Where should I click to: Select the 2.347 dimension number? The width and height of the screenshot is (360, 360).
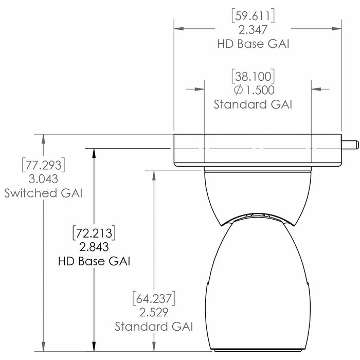(254, 30)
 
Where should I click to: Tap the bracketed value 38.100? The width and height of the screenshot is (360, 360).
(254, 77)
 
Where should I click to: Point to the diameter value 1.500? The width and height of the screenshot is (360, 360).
(254, 91)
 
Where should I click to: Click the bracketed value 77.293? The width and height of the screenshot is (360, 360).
(44, 166)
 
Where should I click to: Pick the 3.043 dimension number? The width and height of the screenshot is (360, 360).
(44, 179)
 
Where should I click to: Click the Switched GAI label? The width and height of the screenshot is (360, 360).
(44, 193)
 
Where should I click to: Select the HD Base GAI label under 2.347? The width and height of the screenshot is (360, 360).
(254, 44)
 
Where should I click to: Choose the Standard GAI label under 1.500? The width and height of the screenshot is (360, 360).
(254, 105)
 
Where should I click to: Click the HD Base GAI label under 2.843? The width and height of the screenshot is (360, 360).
(93, 261)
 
